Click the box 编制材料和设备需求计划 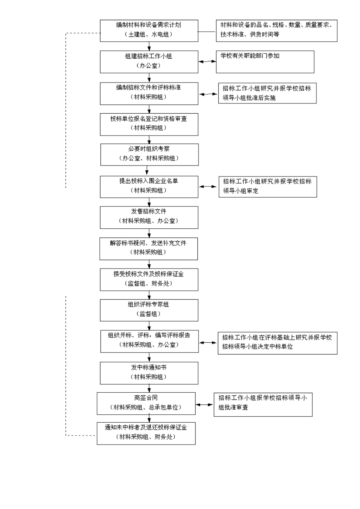coord(149,31)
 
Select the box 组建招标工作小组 coord(149,62)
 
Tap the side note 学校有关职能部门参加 coord(265,62)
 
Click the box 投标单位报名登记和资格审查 coord(149,124)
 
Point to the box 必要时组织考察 coord(149,155)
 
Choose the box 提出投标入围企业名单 coord(149,187)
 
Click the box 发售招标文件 coord(149,217)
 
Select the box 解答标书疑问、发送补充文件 coord(149,248)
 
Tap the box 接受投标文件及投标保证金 coord(149,279)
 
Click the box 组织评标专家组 coord(149,310)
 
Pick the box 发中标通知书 coord(149,373)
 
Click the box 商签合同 coord(146,403)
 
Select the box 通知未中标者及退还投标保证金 coord(146,433)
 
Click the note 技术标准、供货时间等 coord(250,34)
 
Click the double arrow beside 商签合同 coord(204,404)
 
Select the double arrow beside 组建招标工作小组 coord(207,61)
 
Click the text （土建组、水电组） coord(149,34)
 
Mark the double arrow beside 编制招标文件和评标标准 coord(208,94)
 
